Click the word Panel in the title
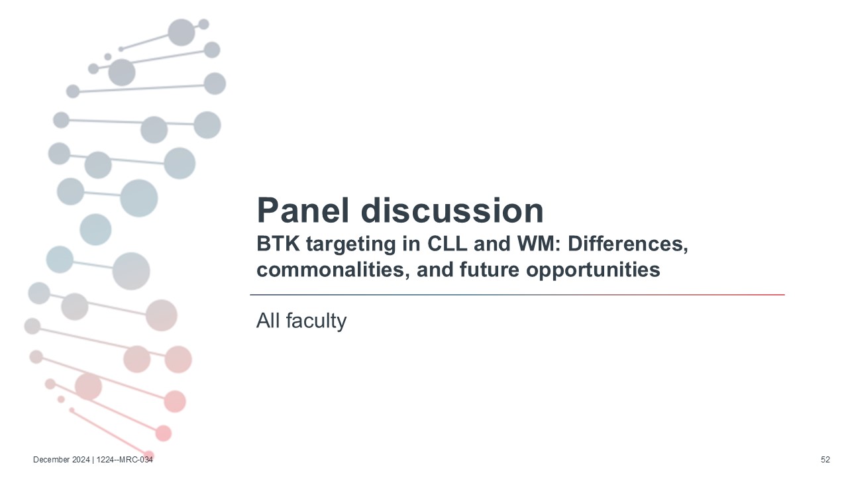[x=303, y=211]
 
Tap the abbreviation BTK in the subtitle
[x=278, y=243]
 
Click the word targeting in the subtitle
[x=351, y=245]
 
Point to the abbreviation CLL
[x=447, y=243]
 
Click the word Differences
[x=627, y=244]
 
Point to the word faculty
[x=316, y=321]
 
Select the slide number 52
[x=825, y=460]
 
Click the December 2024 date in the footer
[x=62, y=460]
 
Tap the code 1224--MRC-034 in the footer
[x=125, y=460]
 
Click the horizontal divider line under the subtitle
[x=517, y=295]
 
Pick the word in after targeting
[x=411, y=243]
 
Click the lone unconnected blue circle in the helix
[x=95, y=229]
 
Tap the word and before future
[x=435, y=270]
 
